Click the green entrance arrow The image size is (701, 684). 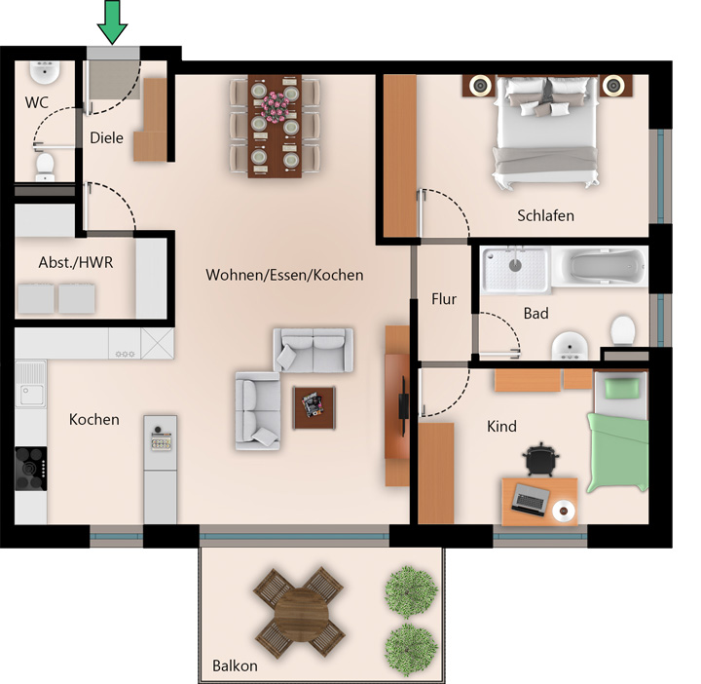(x=112, y=21)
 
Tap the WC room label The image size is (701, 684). (x=37, y=102)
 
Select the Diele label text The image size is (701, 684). (x=106, y=137)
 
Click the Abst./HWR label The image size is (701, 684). (x=76, y=262)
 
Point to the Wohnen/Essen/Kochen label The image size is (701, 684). (x=284, y=275)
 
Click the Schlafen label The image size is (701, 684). (x=545, y=215)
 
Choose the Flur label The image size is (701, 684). (x=444, y=299)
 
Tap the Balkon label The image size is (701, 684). (x=235, y=666)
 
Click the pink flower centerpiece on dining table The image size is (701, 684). (x=275, y=107)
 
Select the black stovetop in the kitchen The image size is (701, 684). (x=31, y=469)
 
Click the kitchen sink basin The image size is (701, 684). (x=31, y=395)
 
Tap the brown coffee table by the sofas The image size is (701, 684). (x=314, y=408)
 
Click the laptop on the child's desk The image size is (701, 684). (x=531, y=499)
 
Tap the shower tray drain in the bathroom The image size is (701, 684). (x=515, y=265)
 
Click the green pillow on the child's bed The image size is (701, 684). (x=622, y=388)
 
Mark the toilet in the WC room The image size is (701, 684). (x=45, y=167)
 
